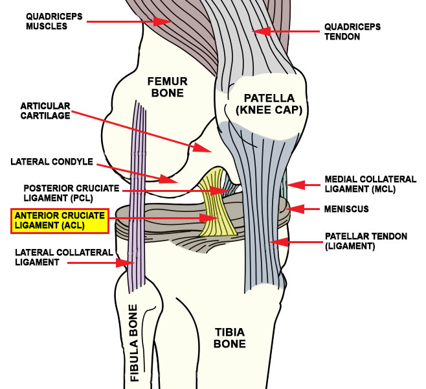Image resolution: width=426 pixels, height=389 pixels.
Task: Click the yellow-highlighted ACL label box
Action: coord(59,220)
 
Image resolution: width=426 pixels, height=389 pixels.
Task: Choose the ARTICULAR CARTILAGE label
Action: coord(45,111)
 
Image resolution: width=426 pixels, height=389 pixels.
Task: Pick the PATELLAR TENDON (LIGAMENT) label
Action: coord(366,242)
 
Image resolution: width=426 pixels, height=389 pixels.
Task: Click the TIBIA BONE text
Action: coord(230,338)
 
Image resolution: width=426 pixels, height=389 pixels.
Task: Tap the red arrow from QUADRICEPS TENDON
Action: coord(285,30)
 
